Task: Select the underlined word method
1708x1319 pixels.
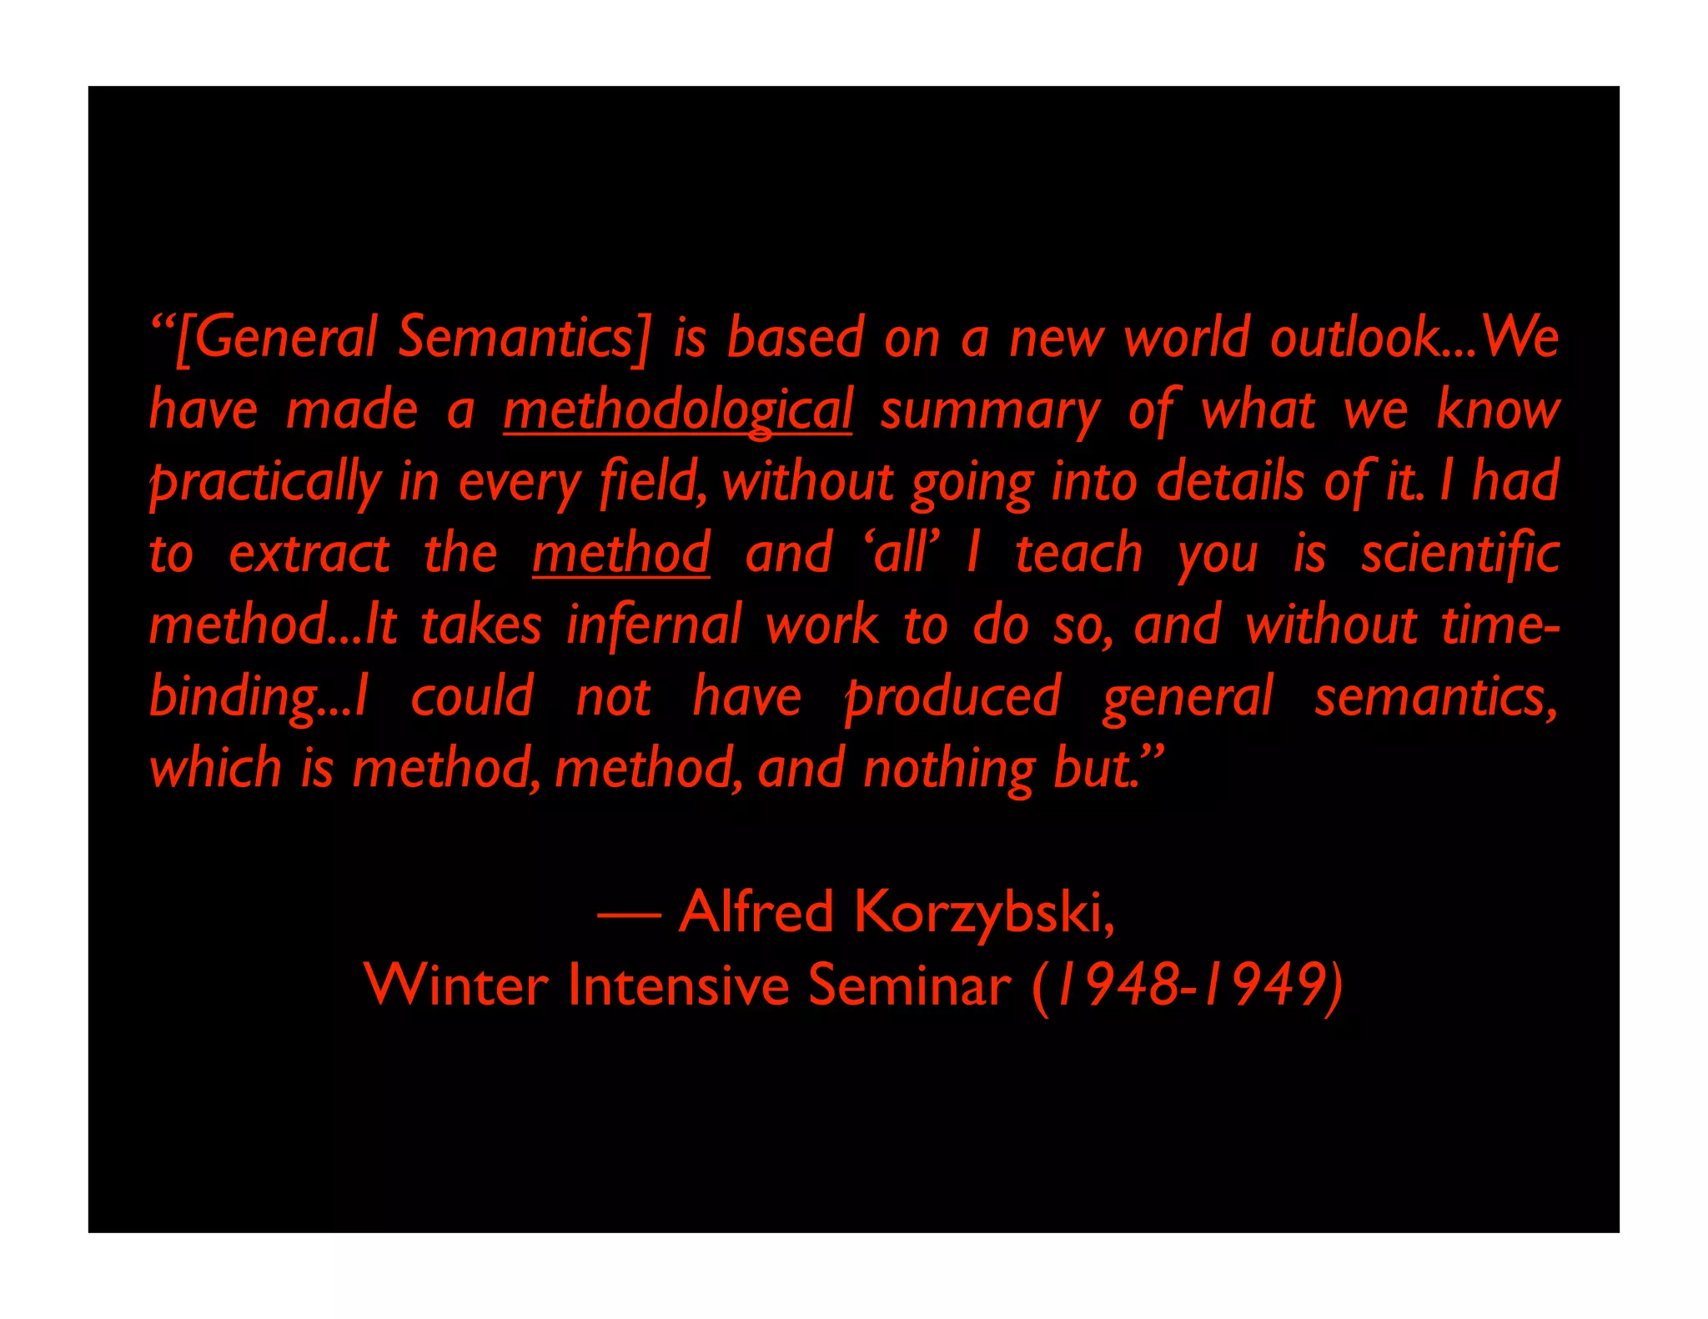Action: click(621, 553)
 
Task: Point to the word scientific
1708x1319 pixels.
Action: click(1459, 553)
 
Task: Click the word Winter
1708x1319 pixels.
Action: click(456, 985)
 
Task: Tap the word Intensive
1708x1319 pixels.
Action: click(678, 985)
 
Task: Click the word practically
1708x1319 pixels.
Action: click(265, 483)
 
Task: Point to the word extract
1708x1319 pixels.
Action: click(309, 553)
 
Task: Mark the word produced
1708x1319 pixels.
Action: click(952, 698)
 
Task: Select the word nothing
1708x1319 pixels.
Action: click(949, 769)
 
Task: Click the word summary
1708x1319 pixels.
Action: click(990, 411)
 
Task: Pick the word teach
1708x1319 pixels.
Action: click(1078, 553)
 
